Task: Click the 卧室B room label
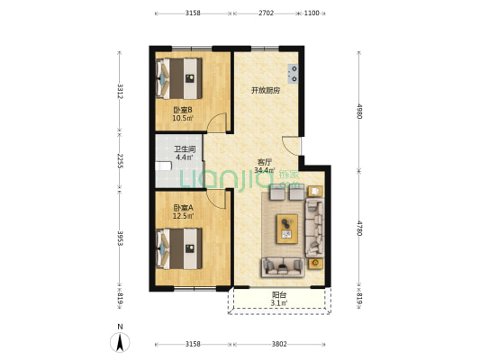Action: pos(183,110)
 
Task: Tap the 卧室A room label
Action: pos(183,208)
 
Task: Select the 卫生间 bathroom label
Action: pos(185,149)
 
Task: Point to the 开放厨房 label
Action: pos(266,91)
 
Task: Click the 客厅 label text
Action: pos(264,162)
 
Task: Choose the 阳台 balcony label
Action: pos(279,295)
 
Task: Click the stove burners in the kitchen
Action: pos(293,74)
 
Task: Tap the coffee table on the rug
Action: pos(287,229)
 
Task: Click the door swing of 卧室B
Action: pos(217,122)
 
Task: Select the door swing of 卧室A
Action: pos(217,199)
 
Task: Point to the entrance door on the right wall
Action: pos(292,145)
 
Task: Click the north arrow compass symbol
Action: pos(120,342)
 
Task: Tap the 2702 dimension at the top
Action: pos(266,13)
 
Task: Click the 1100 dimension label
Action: pos(312,13)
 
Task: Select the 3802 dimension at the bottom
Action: pos(279,344)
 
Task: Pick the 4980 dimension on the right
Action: pos(359,112)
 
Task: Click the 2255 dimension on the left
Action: pos(120,161)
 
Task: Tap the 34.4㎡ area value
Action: pos(264,170)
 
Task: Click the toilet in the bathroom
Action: pos(163,166)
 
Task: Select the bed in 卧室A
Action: pos(179,248)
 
